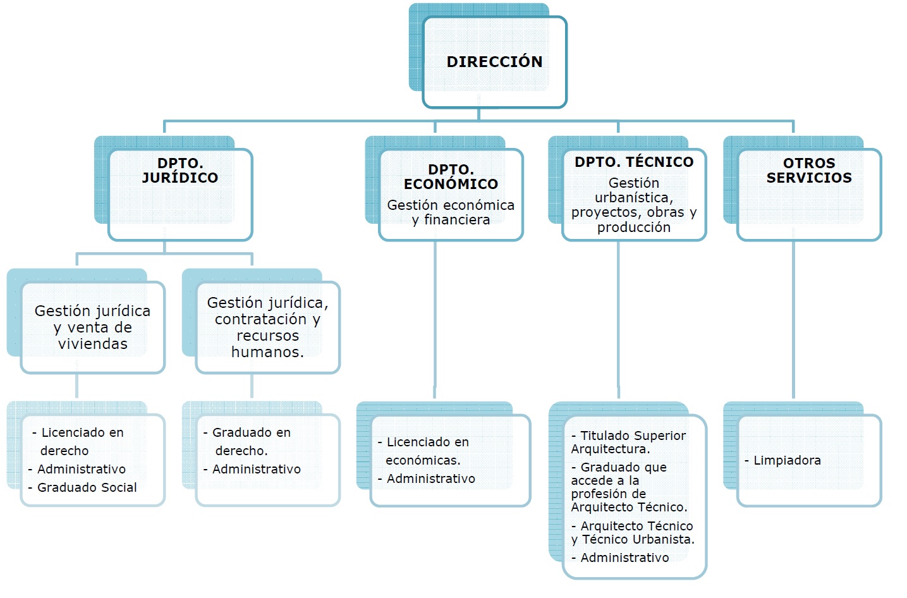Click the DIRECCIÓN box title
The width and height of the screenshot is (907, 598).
pyautogui.click(x=494, y=62)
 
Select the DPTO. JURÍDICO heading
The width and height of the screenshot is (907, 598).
pyautogui.click(x=180, y=171)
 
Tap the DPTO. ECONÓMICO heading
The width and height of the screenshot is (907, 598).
pyautogui.click(x=451, y=177)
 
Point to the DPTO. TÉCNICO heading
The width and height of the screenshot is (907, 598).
pyautogui.click(x=633, y=162)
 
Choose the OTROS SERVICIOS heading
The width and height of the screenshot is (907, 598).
pyautogui.click(x=809, y=171)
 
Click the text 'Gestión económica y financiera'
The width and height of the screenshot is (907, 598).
pyautogui.click(x=451, y=212)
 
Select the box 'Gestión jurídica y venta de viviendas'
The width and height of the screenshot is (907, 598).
pyautogui.click(x=93, y=327)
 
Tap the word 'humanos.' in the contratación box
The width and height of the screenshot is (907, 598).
pyautogui.click(x=267, y=352)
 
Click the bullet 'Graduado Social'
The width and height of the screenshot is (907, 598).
pyautogui.click(x=87, y=487)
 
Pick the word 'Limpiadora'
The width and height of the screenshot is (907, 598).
pyautogui.click(x=787, y=460)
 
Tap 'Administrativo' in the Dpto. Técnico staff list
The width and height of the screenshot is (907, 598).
pyautogui.click(x=624, y=558)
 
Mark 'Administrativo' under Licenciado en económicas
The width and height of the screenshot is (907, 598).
pyautogui.click(x=430, y=479)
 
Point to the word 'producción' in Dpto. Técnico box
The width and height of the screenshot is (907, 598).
pyautogui.click(x=634, y=228)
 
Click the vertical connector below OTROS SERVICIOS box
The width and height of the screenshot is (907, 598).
pyautogui.click(x=793, y=319)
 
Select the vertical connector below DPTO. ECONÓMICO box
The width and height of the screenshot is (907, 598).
pyautogui.click(x=435, y=319)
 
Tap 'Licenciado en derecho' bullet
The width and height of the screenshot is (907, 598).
pyautogui.click(x=81, y=441)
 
